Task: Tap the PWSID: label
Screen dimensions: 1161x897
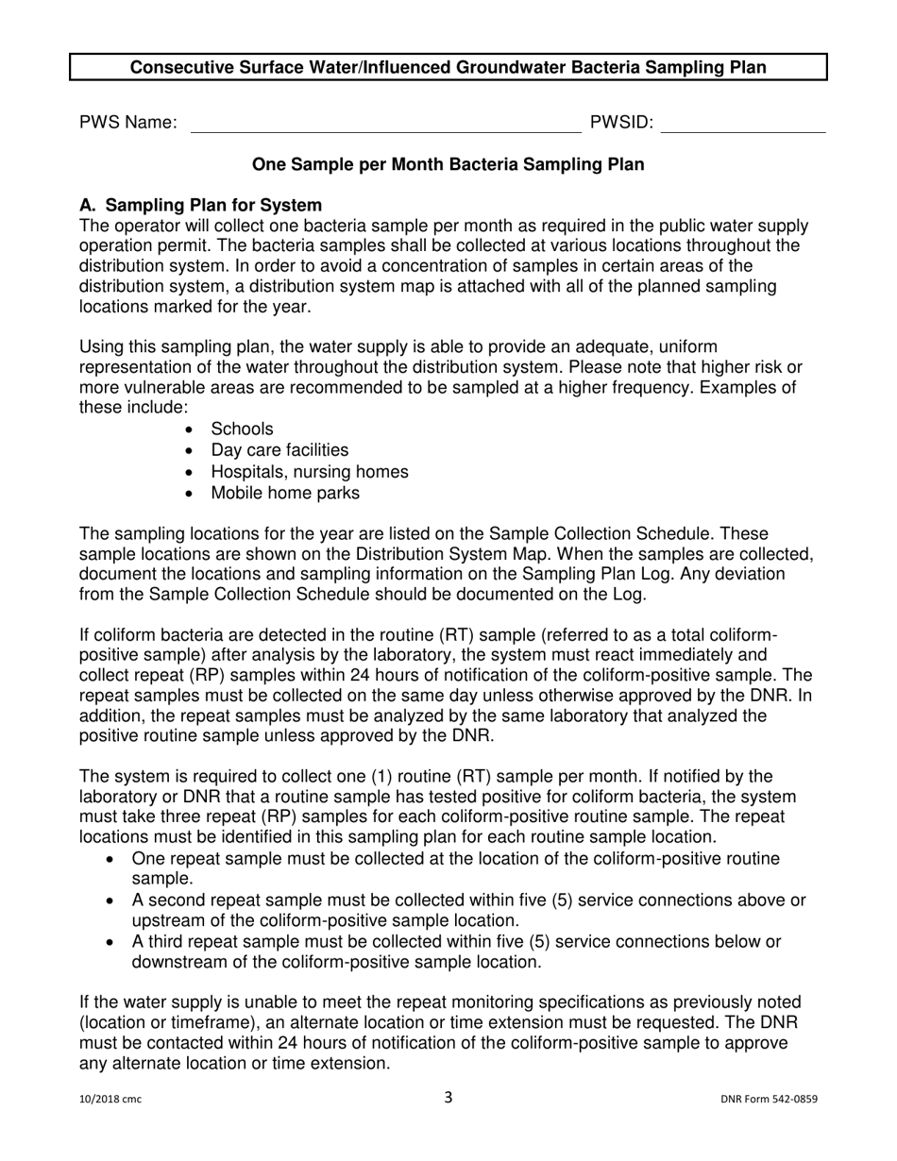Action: click(621, 122)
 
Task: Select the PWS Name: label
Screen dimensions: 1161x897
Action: click(128, 122)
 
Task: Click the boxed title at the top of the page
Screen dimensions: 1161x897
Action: click(448, 68)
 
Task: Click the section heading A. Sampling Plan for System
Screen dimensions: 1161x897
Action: click(201, 205)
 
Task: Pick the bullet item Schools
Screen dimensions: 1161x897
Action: click(242, 429)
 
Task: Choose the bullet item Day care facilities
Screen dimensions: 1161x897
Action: click(279, 450)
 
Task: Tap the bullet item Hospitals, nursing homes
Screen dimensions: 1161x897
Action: click(310, 471)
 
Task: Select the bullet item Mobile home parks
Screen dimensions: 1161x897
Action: click(285, 493)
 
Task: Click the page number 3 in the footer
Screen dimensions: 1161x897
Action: click(448, 1097)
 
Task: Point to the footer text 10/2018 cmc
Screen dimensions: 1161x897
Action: click(110, 1099)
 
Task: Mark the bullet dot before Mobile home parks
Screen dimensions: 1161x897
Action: click(193, 494)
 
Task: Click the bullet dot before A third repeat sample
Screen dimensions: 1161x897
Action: click(113, 942)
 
